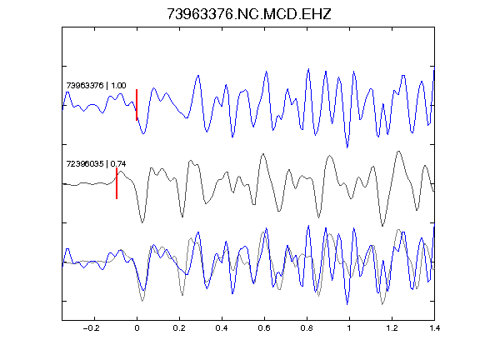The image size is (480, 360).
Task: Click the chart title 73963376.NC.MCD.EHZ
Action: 249,14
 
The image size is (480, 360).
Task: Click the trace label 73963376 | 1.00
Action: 96,85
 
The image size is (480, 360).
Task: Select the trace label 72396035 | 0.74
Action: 96,164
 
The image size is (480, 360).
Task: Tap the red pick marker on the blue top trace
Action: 137,105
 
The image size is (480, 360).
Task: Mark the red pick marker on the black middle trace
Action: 117,183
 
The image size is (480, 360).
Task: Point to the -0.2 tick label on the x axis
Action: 92,328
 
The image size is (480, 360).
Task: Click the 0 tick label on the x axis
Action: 137,328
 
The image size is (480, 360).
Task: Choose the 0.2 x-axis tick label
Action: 179,328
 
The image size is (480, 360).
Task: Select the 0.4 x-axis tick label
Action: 222,328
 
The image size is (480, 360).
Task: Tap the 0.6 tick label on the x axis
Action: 264,328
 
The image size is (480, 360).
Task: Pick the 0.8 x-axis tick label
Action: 307,328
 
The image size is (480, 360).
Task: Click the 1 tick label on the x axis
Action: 349,328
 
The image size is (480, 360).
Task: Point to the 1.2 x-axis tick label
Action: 392,328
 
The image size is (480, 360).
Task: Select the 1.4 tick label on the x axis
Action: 434,328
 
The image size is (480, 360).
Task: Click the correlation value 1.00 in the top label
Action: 118,85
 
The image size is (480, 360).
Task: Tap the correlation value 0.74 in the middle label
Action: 118,164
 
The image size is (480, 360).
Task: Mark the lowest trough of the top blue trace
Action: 347,147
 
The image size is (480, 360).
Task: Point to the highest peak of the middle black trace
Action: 398,151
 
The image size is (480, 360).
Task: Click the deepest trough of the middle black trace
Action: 382,226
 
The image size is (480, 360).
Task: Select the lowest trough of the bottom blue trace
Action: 347,304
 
